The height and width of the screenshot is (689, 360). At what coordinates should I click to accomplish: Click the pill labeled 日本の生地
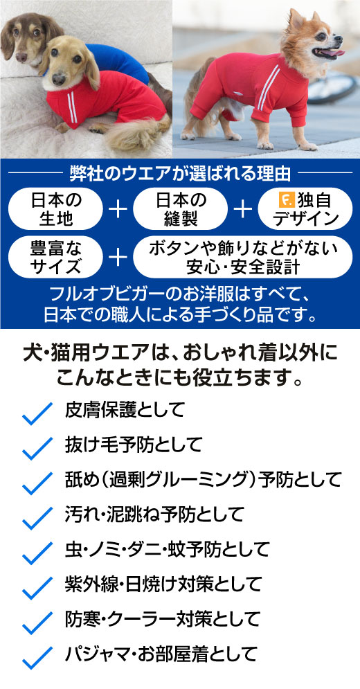(x=55, y=208)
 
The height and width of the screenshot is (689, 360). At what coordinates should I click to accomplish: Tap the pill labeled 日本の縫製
(x=180, y=208)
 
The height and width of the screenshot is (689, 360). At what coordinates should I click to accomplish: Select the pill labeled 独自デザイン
(x=305, y=208)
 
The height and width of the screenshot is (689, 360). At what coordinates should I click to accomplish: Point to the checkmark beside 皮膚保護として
(x=37, y=413)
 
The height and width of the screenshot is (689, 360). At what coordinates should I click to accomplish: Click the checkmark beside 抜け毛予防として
(x=37, y=448)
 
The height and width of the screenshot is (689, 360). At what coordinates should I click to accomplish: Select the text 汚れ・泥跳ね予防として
(x=154, y=514)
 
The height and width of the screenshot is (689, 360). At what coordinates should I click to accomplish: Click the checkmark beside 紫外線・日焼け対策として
(x=37, y=589)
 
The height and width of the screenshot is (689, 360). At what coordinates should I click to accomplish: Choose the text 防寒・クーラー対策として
(x=163, y=619)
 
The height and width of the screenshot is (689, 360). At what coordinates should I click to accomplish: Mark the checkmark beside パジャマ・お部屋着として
(x=37, y=659)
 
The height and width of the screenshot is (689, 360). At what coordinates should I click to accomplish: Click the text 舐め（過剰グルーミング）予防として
(x=203, y=479)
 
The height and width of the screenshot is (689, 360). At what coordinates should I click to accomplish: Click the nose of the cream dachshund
(x=58, y=79)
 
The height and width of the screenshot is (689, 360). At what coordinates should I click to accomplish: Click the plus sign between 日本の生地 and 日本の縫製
(x=118, y=209)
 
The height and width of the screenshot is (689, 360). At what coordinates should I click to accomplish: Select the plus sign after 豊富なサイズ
(x=118, y=258)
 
